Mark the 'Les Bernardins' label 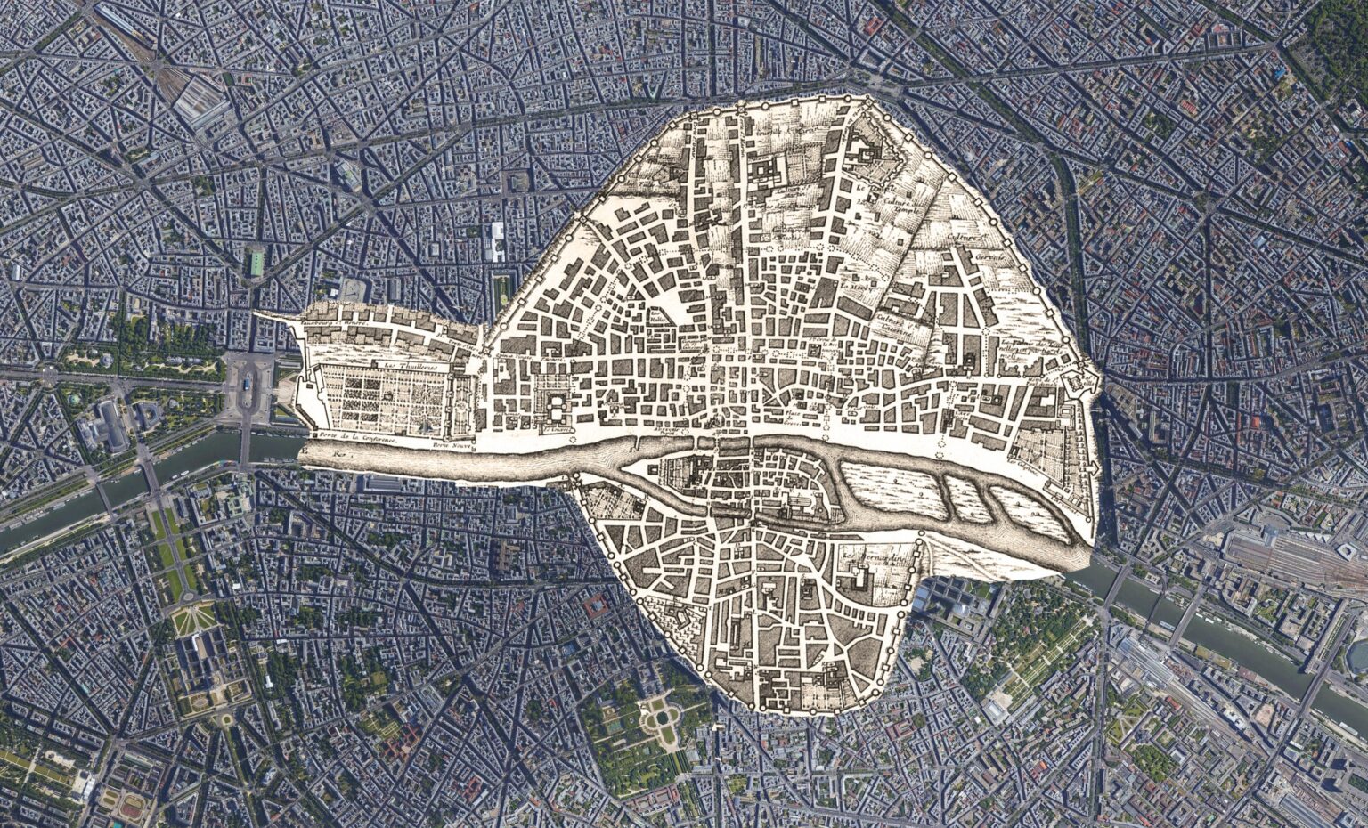(861, 560)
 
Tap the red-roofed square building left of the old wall (595, 606)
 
